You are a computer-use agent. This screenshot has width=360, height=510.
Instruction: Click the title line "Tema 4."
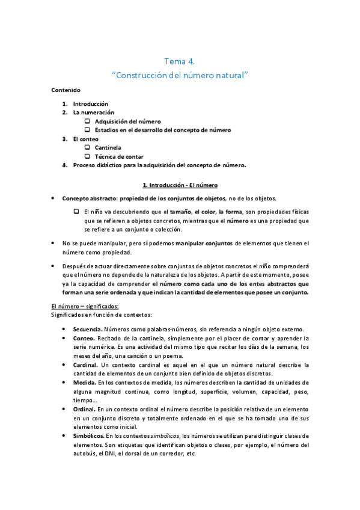click(x=180, y=61)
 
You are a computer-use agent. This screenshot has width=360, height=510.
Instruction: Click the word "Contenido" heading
click(x=66, y=89)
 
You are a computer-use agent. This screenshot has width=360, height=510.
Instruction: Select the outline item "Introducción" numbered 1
click(x=90, y=103)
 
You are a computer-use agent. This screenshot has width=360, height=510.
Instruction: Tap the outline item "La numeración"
click(x=93, y=112)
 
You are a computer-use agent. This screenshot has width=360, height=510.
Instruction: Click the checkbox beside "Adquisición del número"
click(x=88, y=121)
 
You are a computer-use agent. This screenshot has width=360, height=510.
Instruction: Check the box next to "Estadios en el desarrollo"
click(x=88, y=129)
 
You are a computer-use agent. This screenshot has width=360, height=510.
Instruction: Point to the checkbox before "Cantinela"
click(x=88, y=147)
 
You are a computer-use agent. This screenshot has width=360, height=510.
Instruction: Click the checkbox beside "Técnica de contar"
click(x=88, y=156)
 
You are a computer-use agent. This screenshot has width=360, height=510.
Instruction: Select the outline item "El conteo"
click(x=87, y=138)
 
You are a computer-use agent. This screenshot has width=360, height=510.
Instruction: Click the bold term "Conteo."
click(x=84, y=338)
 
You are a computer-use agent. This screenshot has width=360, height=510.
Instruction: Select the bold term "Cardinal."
click(x=86, y=364)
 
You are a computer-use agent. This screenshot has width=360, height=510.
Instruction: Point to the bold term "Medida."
click(x=85, y=382)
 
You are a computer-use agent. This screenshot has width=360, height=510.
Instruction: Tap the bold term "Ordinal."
click(x=85, y=408)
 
